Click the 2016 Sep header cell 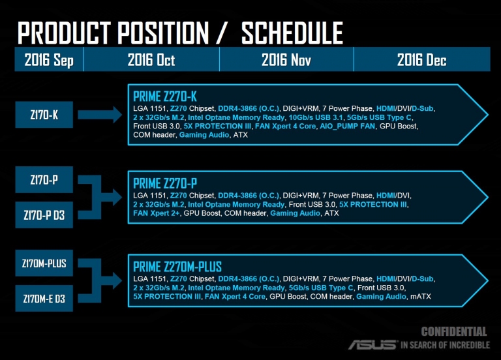point(49,59)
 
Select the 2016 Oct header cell point(151,59)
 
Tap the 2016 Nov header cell point(286,59)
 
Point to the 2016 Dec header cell point(422,59)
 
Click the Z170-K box point(44,115)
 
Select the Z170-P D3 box point(44,215)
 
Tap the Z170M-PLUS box point(44,263)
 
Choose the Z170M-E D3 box point(44,298)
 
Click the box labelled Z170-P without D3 point(44,179)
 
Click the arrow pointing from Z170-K point(100,115)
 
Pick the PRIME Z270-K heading point(165,97)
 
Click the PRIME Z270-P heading point(165,183)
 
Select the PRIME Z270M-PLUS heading point(177,267)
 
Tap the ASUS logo point(372,344)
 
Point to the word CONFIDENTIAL point(454,331)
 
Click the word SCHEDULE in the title point(292,33)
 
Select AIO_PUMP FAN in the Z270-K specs point(347,126)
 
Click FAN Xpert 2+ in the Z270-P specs point(157,213)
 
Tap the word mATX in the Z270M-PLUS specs point(421,297)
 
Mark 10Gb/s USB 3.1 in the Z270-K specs point(316,117)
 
